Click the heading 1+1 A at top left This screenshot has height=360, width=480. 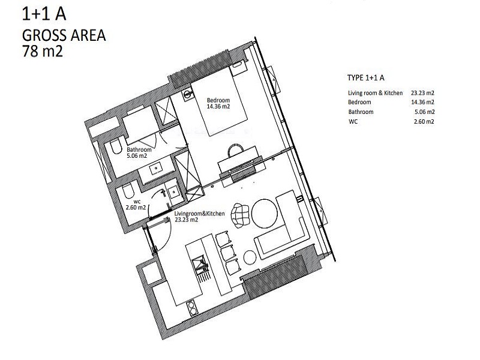(44, 14)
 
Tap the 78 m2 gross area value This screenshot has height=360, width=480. (43, 51)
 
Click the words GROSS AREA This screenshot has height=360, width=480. (64, 35)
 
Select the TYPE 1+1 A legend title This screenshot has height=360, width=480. (366, 78)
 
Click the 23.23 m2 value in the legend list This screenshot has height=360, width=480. (422, 93)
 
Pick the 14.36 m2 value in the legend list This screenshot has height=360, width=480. (422, 102)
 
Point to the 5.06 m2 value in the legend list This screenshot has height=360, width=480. (425, 112)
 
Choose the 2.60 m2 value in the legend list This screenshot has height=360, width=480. (424, 121)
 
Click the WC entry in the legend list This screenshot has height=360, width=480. (353, 122)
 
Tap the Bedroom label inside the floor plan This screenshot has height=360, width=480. (218, 100)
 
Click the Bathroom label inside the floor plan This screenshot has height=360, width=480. (139, 149)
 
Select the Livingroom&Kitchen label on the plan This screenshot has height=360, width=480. (200, 214)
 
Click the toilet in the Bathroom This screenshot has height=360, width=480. (116, 147)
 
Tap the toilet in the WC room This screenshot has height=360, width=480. (128, 191)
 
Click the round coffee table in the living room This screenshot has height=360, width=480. (265, 214)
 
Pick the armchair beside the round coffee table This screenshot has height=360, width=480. (241, 215)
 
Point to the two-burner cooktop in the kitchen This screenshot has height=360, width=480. (192, 308)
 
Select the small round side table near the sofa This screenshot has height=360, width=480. (250, 257)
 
